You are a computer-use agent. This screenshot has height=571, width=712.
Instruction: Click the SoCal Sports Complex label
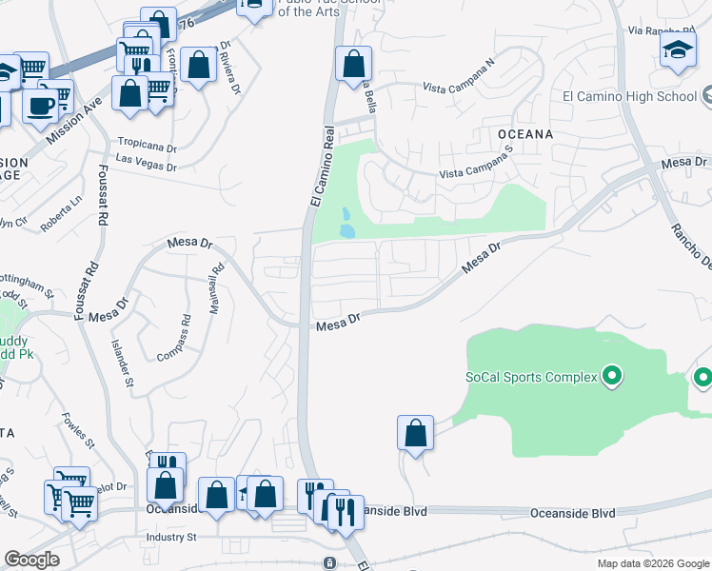531,377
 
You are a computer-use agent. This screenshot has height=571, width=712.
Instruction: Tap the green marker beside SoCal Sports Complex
612,377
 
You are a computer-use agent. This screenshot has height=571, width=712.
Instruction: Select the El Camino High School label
629,96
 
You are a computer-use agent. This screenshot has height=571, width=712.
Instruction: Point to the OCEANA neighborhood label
524,134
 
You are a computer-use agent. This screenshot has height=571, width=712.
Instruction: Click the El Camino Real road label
321,167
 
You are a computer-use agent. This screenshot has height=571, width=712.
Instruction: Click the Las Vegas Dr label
146,163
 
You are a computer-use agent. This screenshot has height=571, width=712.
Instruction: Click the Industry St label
170,538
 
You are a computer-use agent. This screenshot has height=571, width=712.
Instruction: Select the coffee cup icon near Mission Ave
40,106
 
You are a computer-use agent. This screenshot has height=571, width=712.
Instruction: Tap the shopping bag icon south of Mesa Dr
416,433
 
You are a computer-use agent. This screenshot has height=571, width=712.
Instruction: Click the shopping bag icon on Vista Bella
353,65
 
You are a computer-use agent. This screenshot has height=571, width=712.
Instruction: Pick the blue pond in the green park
347,225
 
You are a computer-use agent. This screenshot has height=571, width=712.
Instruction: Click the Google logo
31,560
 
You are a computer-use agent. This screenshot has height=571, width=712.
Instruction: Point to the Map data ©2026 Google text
652,563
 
